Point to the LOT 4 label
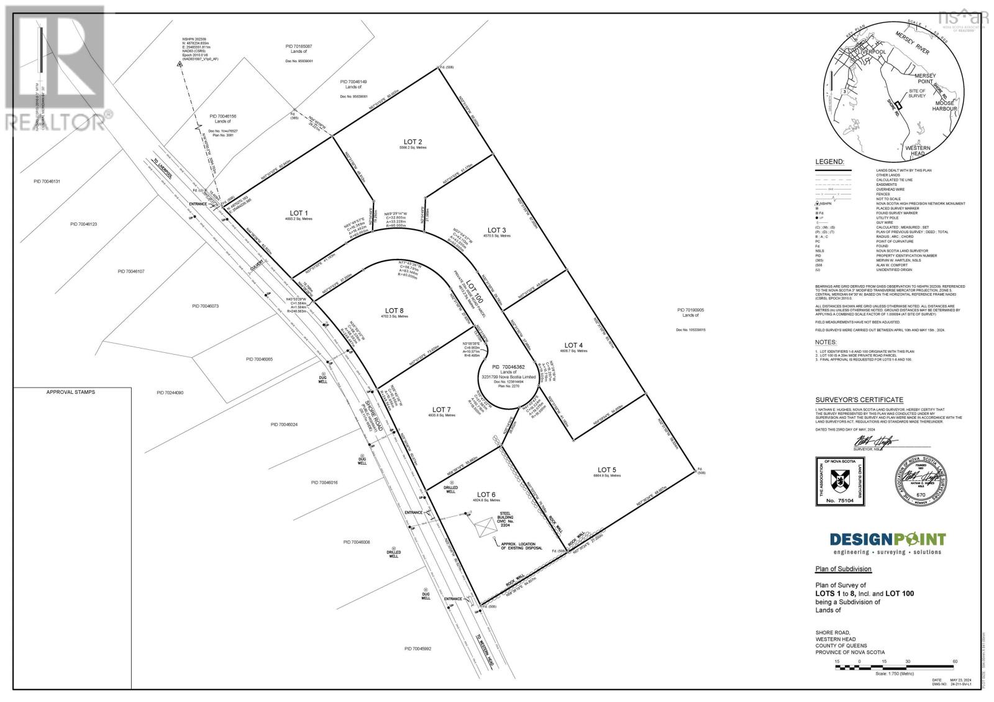[573, 345]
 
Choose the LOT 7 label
[439, 409]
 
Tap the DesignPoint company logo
[888, 539]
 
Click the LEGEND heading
[829, 162]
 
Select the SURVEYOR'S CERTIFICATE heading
[850, 399]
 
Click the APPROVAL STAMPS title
[71, 393]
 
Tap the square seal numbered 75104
[839, 482]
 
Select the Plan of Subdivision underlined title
[843, 569]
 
